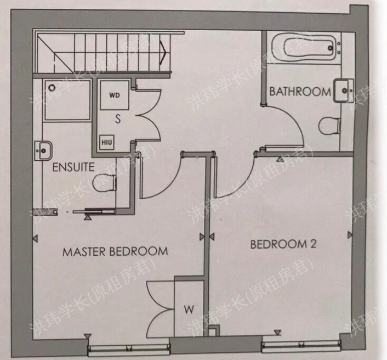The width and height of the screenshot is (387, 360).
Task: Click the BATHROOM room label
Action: [x=299, y=92]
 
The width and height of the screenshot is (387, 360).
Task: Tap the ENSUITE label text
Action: [x=73, y=167]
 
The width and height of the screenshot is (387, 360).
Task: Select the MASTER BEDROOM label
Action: [x=115, y=252]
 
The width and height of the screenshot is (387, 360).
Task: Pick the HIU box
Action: [x=106, y=142]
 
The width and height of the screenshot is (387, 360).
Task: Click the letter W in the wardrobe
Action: [x=189, y=310]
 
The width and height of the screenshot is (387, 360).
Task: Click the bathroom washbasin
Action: [x=342, y=90]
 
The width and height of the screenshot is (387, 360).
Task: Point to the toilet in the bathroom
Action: [x=329, y=126]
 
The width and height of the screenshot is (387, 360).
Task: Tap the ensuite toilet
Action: [x=105, y=183]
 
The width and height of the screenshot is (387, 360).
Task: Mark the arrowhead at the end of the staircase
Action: [x=163, y=50]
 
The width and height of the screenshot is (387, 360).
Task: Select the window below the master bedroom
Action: [x=129, y=347]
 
